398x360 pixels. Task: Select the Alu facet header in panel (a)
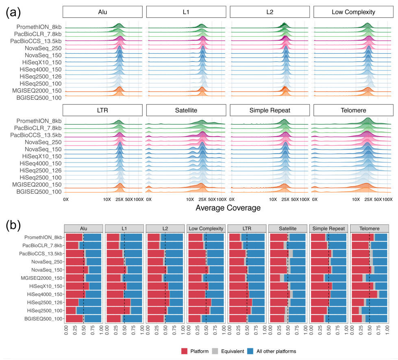click(102, 12)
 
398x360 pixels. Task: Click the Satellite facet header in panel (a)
click(186, 110)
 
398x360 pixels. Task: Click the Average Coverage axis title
click(228, 208)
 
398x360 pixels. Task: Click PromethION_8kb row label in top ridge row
click(39, 27)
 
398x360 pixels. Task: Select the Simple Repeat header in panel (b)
click(328, 228)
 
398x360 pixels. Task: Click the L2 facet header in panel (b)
click(165, 228)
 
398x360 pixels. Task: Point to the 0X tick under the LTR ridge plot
click(66, 200)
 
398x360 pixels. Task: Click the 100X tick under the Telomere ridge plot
click(387, 200)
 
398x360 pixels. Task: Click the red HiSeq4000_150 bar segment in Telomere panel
click(364, 294)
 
